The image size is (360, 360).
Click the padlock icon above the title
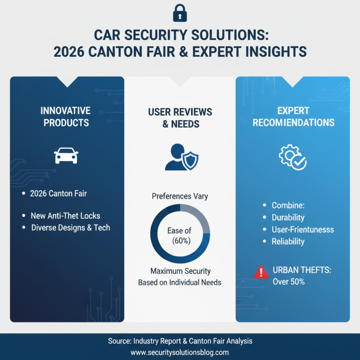180,13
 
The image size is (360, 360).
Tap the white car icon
66,156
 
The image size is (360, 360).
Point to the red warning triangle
261,272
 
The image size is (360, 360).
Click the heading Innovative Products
67,116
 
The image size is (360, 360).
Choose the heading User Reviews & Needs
180,118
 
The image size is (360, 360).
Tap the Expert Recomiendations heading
293,116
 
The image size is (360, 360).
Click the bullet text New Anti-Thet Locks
65,216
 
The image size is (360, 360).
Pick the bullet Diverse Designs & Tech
71,227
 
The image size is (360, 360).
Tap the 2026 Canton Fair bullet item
58,193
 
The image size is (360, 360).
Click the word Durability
288,217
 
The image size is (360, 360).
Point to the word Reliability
288,242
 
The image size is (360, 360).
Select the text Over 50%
288,282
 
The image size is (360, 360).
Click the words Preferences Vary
180,196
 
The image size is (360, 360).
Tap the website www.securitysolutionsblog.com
180,352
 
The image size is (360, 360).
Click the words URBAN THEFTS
301,271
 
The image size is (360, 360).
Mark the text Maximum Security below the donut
180,271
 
